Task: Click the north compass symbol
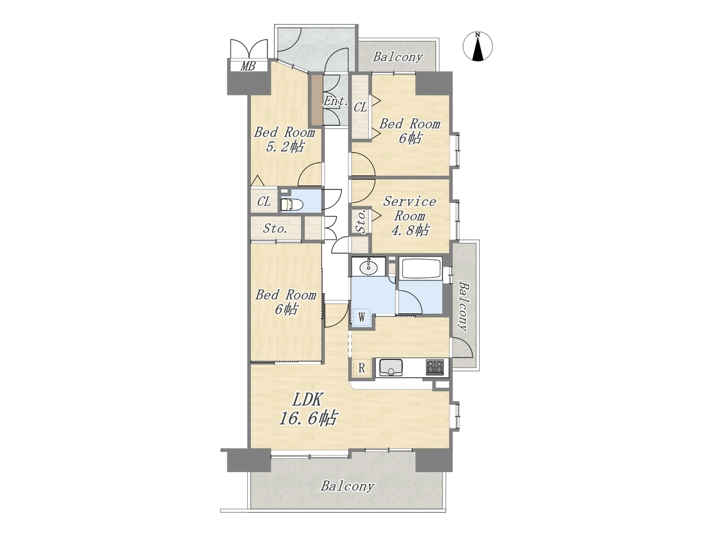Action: [477, 46]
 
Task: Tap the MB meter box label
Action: [247, 66]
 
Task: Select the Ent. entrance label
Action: [335, 101]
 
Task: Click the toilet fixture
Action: [291, 205]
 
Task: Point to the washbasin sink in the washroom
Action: [369, 267]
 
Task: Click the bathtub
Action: [421, 268]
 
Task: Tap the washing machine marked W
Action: [362, 316]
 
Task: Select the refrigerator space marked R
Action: [362, 368]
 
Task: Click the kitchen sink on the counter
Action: [390, 367]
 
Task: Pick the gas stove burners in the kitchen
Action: [434, 367]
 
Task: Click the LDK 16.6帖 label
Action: [307, 409]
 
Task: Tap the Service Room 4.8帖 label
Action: [409, 216]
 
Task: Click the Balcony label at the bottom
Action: [348, 495]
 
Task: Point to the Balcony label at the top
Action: [398, 57]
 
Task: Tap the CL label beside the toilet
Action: [264, 202]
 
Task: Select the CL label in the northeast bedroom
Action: [360, 107]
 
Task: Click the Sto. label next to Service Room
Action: [361, 221]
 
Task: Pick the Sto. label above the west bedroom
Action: [275, 228]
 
